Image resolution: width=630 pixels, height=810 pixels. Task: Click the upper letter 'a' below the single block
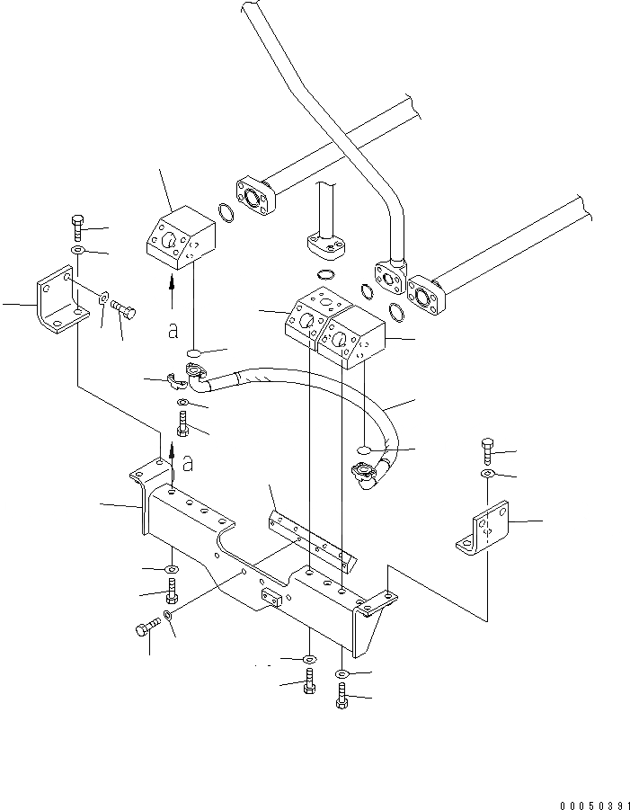[x=173, y=331]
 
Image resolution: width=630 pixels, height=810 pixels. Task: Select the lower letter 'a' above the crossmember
[x=187, y=464]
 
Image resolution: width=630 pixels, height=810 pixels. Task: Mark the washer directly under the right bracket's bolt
[x=486, y=473]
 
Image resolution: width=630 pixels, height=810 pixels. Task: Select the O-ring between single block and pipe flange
[x=226, y=214]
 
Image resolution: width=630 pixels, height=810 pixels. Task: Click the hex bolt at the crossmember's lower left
[x=144, y=629]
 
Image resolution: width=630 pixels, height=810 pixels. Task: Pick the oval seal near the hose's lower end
[x=365, y=449]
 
